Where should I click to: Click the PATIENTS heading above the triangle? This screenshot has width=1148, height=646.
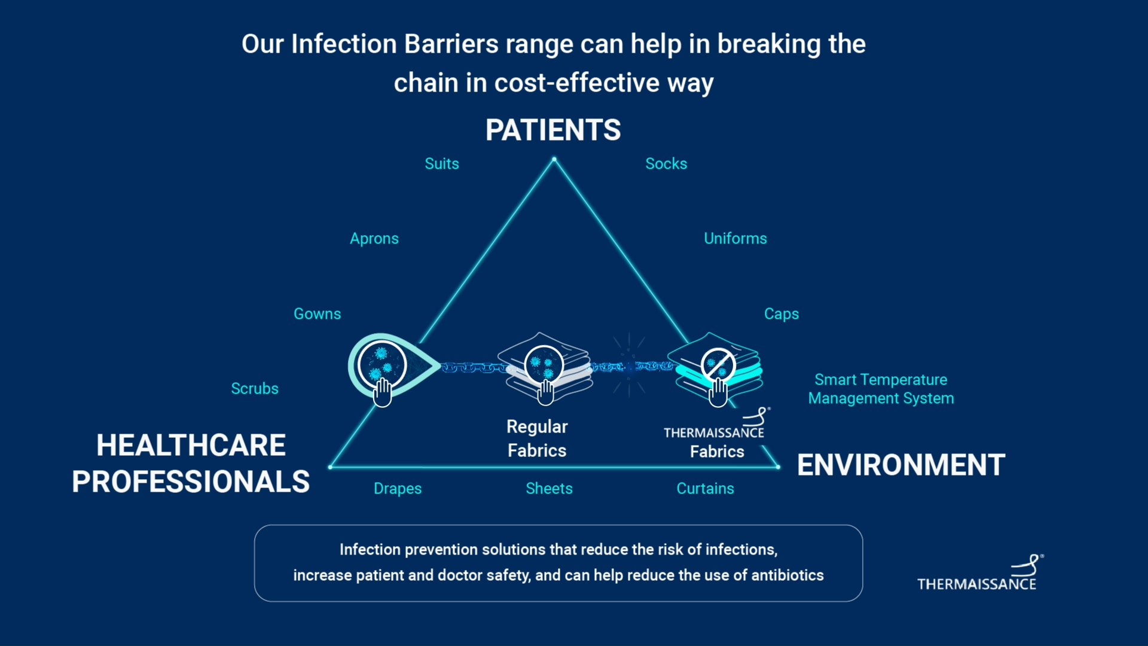tap(553, 130)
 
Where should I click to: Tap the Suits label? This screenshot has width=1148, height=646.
tap(442, 163)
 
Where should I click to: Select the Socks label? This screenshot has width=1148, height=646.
tap(666, 163)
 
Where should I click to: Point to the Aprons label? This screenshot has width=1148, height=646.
tap(374, 238)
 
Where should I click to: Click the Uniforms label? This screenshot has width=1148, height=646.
tap(735, 238)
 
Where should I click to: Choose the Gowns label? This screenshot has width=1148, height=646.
tap(317, 313)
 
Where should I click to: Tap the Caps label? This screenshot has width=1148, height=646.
tap(781, 313)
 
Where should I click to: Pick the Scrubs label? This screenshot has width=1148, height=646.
tap(255, 388)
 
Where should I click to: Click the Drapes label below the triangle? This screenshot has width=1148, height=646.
tap(398, 488)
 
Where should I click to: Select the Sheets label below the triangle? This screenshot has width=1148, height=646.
tap(549, 488)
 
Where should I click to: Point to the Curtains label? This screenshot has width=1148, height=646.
tap(705, 488)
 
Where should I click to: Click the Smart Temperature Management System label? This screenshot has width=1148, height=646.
tap(881, 389)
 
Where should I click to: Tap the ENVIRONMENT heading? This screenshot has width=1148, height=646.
tap(901, 465)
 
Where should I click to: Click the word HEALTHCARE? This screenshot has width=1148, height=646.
tap(191, 445)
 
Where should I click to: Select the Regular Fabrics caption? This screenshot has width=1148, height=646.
tap(537, 438)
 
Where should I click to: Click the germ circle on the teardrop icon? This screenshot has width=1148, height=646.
tap(381, 364)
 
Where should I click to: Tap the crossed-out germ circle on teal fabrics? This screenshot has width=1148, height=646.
tap(717, 364)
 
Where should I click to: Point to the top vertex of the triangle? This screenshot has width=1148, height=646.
tap(554, 159)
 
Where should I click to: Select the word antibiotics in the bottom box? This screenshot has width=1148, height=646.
tap(787, 575)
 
